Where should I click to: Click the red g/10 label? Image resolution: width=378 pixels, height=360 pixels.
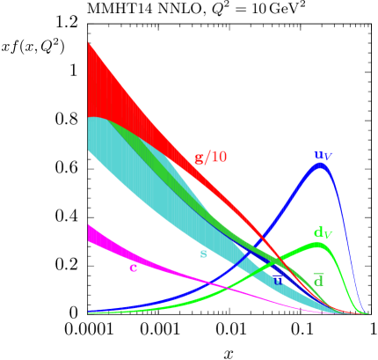(x=210, y=158)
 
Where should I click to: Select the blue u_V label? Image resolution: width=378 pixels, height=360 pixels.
(x=323, y=156)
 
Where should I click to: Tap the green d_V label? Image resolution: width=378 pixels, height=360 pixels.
(x=323, y=233)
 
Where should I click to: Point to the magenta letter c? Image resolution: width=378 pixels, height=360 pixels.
(x=133, y=268)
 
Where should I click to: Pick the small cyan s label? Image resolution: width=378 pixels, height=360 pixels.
(x=203, y=254)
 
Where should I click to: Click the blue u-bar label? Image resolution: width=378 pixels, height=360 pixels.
(x=278, y=280)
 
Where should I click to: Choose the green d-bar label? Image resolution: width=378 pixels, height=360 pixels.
(x=318, y=280)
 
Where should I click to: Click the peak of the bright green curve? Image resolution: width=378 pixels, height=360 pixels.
(x=318, y=244)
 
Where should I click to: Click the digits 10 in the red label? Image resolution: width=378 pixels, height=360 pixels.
(x=218, y=157)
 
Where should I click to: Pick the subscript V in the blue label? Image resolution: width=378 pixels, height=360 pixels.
(x=328, y=158)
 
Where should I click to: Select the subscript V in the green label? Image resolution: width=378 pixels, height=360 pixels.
(x=328, y=235)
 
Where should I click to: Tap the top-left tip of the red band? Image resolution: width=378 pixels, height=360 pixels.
(x=89, y=43)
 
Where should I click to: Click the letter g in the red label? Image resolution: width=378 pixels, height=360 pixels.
(x=199, y=158)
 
